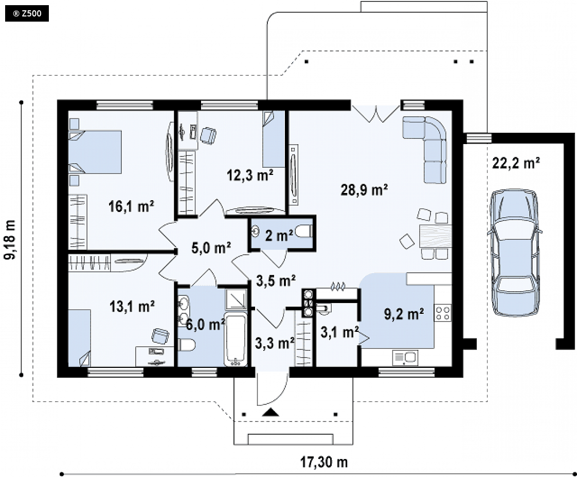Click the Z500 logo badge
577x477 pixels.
(27, 14)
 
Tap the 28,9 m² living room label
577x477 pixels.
(364, 190)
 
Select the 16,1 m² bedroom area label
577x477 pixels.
(131, 206)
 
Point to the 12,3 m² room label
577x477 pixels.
(250, 175)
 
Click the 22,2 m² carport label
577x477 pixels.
(516, 163)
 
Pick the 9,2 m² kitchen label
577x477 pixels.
(404, 314)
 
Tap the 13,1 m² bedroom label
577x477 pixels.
(132, 306)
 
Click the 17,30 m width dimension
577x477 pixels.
(324, 462)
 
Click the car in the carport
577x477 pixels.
(514, 253)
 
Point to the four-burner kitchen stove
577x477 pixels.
(443, 313)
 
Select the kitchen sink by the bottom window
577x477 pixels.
(404, 358)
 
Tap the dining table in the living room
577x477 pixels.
(436, 236)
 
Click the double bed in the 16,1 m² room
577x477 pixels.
(95, 152)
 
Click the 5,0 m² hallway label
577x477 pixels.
(211, 248)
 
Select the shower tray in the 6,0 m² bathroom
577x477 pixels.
(236, 299)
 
